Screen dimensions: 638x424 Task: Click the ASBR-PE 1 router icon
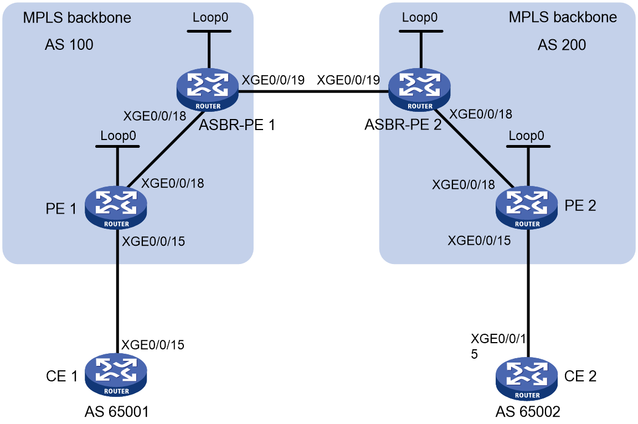(x=208, y=90)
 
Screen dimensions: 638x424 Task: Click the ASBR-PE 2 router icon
(x=419, y=90)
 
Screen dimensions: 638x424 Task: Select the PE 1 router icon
(x=116, y=208)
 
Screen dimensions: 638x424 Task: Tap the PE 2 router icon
(x=527, y=208)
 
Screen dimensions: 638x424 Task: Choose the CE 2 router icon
(x=527, y=379)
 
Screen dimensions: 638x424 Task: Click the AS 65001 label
(x=117, y=412)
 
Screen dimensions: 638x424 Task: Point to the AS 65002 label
(x=528, y=412)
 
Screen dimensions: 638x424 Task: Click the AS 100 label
(x=69, y=44)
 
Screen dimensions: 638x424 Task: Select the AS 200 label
(x=562, y=45)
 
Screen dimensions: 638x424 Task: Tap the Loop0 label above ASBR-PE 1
(x=210, y=18)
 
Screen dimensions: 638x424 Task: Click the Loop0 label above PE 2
(x=527, y=136)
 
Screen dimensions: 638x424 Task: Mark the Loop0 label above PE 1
(x=119, y=136)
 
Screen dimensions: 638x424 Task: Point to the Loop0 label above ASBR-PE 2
(x=420, y=18)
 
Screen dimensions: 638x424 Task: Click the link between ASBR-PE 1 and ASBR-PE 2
(x=313, y=92)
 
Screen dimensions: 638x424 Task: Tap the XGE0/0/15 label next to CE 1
(x=153, y=345)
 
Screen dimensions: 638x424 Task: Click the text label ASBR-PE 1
(x=237, y=125)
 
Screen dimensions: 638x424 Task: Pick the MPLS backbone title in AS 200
(x=563, y=17)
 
